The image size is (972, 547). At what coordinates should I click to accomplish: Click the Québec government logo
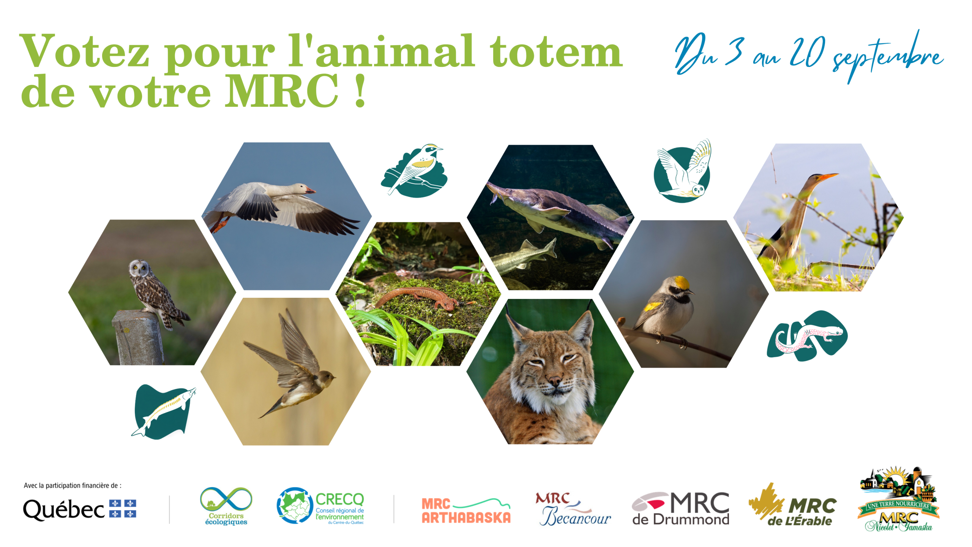(80, 509)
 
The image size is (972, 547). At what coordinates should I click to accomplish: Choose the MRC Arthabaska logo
(466, 511)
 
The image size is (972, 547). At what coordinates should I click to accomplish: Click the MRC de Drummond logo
(680, 509)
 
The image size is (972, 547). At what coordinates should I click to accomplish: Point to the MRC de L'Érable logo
(792, 505)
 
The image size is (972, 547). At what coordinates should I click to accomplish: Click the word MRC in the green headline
(281, 91)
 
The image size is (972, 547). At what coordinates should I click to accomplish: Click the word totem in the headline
(556, 52)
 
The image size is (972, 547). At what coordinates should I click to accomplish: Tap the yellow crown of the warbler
(682, 282)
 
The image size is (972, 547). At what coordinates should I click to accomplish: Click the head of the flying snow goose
(304, 188)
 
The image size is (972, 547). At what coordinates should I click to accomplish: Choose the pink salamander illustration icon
(807, 336)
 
